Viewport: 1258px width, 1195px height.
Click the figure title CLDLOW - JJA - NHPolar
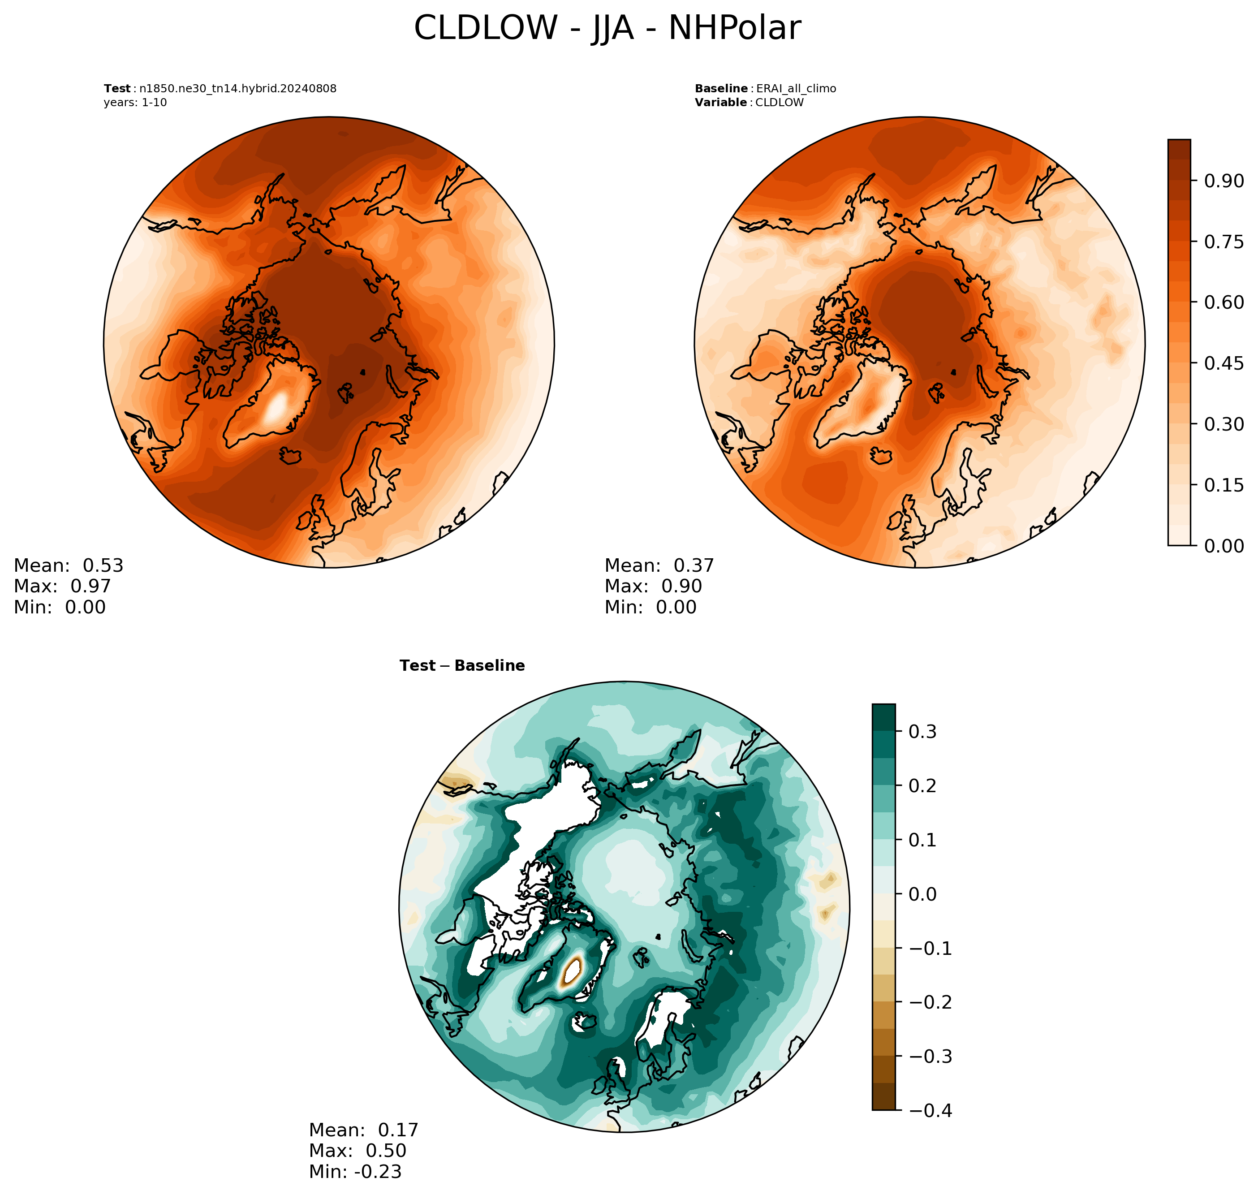[607, 29]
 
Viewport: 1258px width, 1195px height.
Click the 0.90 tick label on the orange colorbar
[1224, 181]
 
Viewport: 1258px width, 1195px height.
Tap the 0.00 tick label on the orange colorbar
[1224, 546]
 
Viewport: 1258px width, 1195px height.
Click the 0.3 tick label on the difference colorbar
[922, 732]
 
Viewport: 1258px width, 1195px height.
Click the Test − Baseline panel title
[462, 666]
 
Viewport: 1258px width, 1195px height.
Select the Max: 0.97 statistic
[62, 586]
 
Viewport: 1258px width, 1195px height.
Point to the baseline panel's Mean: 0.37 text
[659, 565]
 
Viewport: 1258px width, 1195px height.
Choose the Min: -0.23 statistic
[355, 1171]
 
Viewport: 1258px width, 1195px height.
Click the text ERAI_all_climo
[796, 89]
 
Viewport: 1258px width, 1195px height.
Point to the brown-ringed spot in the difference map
[572, 972]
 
